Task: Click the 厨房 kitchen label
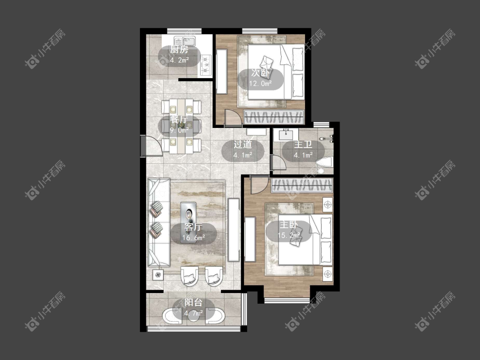[x=179, y=50]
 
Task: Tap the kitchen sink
[x=185, y=41]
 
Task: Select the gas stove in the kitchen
[x=206, y=64]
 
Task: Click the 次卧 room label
[x=260, y=73]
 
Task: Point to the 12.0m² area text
[x=261, y=83]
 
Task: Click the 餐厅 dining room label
[x=179, y=120]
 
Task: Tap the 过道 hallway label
[x=243, y=144]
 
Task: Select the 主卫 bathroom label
[x=303, y=144]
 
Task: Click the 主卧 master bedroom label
[x=289, y=225]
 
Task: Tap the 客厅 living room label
[x=193, y=227]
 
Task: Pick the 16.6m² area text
[x=194, y=237]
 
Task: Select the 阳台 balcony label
[x=193, y=303]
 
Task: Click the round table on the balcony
[x=193, y=316]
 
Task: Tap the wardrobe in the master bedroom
[x=302, y=186]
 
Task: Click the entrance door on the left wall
[x=152, y=146]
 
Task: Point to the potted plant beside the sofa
[x=158, y=275]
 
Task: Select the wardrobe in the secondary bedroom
[x=274, y=117]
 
